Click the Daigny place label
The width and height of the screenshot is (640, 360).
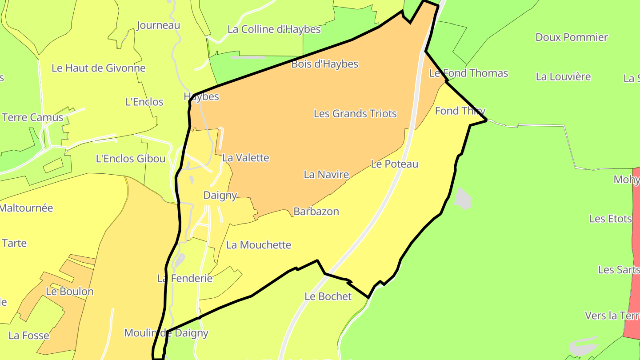tap(220, 195)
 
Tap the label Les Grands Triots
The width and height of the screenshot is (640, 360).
tap(355, 113)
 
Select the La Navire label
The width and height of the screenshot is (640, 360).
tap(326, 175)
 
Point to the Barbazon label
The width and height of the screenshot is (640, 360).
tap(316, 212)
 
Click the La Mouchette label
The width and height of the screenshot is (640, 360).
tap(259, 245)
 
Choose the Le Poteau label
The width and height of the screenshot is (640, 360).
tap(394, 164)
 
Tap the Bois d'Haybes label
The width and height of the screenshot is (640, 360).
tap(324, 64)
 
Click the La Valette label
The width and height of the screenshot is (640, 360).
tap(246, 158)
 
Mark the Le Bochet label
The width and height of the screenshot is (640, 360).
tap(328, 296)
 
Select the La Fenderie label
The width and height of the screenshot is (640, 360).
tap(185, 279)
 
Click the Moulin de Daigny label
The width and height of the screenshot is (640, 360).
tap(166, 333)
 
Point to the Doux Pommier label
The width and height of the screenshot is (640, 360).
tap(572, 37)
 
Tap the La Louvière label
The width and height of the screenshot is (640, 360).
tap(563, 76)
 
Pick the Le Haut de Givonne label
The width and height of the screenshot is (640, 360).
tap(99, 68)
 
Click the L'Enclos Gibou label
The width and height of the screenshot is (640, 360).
tap(131, 159)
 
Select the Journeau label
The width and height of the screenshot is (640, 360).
tap(158, 25)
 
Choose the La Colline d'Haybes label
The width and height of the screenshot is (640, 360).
tap(274, 29)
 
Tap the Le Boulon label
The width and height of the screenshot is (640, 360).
tap(70, 292)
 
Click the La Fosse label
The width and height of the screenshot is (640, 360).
tap(29, 336)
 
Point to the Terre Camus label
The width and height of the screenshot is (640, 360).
tap(33, 118)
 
